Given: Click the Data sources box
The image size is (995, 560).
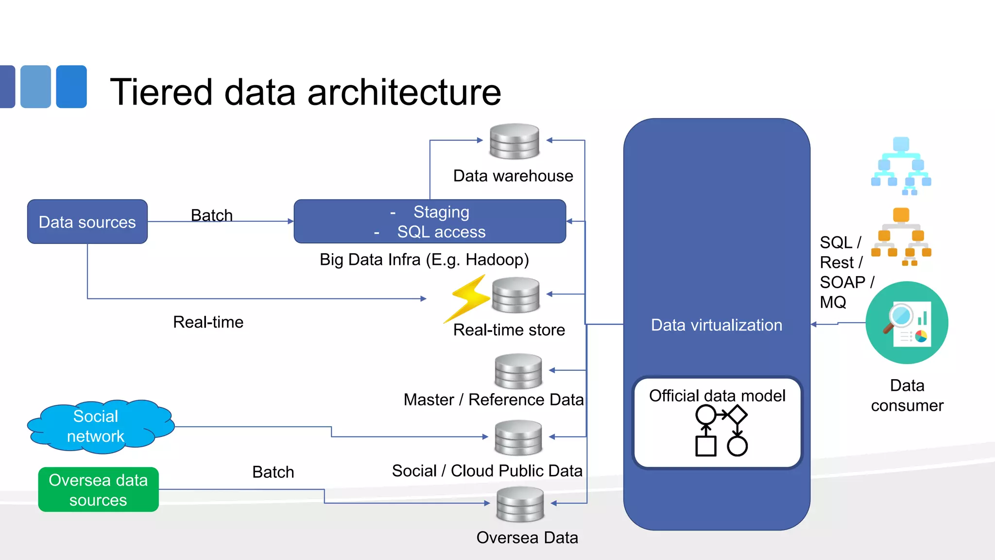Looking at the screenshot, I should pyautogui.click(x=87, y=222).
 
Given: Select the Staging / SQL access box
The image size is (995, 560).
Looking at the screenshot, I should pyautogui.click(x=429, y=222).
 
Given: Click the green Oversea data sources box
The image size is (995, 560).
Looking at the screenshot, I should pyautogui.click(x=98, y=490).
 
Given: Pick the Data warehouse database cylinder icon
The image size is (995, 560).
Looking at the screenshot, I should pyautogui.click(x=515, y=141).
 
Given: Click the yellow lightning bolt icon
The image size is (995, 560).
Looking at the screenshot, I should pyautogui.click(x=467, y=297).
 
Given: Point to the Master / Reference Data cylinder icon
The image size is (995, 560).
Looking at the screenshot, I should pyautogui.click(x=518, y=371).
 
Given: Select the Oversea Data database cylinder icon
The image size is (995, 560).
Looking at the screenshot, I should pyautogui.click(x=520, y=504).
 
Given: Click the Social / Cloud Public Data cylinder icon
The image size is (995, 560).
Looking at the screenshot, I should pyautogui.click(x=518, y=437).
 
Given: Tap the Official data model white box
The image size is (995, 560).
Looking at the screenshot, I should pyautogui.click(x=717, y=422).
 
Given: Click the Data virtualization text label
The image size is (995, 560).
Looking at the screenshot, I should pyautogui.click(x=717, y=325).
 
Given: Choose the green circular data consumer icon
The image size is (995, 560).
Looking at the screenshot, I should pyautogui.click(x=907, y=323).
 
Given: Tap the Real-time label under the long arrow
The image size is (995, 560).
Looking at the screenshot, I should pyautogui.click(x=208, y=322).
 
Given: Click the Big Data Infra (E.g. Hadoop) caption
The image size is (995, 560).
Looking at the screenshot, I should pyautogui.click(x=424, y=260).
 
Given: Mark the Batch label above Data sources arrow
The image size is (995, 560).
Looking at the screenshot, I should pyautogui.click(x=212, y=215).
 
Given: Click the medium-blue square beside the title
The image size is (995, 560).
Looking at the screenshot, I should pyautogui.click(x=71, y=87).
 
